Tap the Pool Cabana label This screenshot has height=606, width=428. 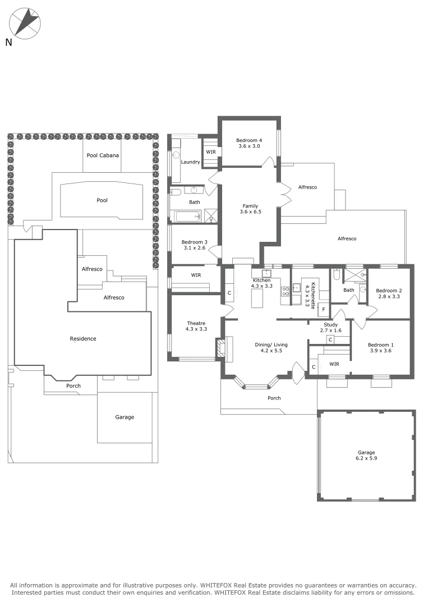[x=103, y=155]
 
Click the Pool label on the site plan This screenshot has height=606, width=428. [x=102, y=200]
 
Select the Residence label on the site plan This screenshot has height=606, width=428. [x=83, y=338]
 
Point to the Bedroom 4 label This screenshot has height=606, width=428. [x=249, y=140]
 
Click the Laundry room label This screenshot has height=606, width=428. [x=191, y=162]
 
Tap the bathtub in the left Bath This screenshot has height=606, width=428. [x=185, y=216]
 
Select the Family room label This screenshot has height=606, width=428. [x=250, y=206]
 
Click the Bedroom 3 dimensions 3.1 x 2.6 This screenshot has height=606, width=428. [x=194, y=248]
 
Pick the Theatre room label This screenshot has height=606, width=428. [x=196, y=323]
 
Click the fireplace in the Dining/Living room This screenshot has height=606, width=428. [x=220, y=348]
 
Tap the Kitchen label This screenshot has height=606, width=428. [x=261, y=280]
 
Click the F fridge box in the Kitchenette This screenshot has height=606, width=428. [x=324, y=309]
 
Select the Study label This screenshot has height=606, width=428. [x=330, y=324]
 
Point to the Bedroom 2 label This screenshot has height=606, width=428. [x=389, y=290]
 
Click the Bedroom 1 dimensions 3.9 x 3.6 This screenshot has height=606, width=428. [x=380, y=351]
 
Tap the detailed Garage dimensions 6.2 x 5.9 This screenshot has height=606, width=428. [x=366, y=458]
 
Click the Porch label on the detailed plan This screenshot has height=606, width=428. [x=274, y=398]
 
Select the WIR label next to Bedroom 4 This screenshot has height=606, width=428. [x=211, y=152]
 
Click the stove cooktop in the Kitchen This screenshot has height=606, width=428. [x=285, y=290]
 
